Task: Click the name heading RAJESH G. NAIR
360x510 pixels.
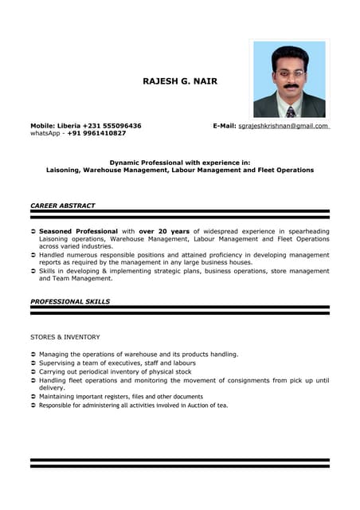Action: click(x=179, y=81)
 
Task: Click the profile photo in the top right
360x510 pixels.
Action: click(x=289, y=79)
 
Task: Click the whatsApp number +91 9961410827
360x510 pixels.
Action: click(x=96, y=133)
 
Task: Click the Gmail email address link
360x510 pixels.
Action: click(x=284, y=126)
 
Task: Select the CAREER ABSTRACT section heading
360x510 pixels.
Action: click(x=62, y=206)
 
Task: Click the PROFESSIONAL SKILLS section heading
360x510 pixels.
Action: click(x=70, y=302)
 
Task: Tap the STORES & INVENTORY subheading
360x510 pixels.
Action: click(x=65, y=337)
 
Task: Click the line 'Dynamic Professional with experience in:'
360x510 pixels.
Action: click(x=180, y=163)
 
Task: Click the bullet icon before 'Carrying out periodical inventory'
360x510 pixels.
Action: click(x=33, y=372)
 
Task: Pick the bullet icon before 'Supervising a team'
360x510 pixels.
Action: click(x=33, y=363)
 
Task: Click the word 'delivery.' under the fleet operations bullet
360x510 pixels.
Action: click(x=53, y=388)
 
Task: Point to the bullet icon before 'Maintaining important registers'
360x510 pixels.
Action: click(x=33, y=397)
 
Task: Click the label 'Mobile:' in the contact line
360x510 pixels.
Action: click(x=42, y=126)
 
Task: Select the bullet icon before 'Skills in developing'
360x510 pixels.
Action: click(x=33, y=272)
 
